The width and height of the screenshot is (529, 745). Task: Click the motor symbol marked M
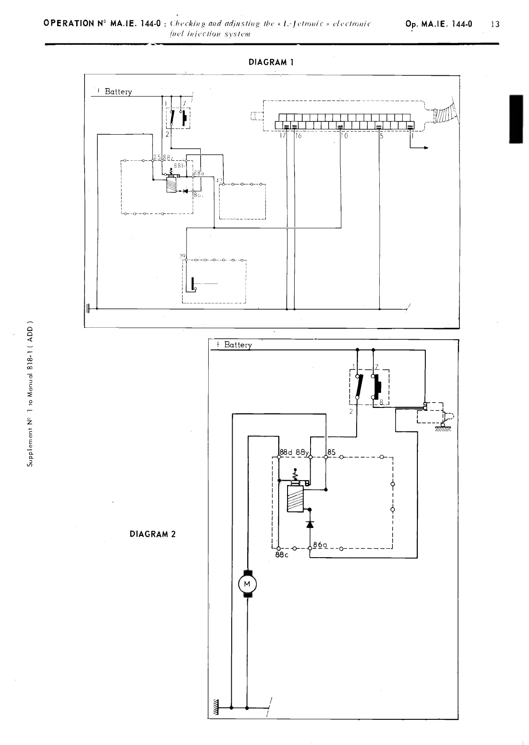coord(247,584)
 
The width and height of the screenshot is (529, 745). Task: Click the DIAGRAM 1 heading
coord(272,62)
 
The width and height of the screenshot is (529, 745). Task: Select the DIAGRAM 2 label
coord(152,534)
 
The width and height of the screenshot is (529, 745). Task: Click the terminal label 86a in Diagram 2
coord(320,544)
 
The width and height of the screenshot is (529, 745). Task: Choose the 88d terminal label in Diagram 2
coord(287,453)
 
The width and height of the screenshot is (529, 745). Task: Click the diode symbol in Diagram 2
coord(310,524)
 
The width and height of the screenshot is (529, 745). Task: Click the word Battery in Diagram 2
coord(238,345)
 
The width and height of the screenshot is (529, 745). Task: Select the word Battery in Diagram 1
coord(118,92)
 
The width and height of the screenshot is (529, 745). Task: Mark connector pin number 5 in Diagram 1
coord(381,136)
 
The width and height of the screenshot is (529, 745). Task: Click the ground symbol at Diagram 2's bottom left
coord(216,707)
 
